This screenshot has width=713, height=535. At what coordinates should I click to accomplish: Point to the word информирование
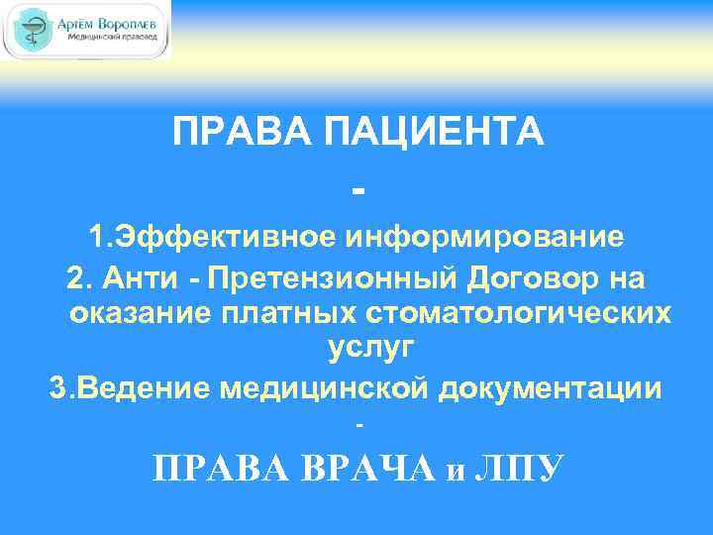coord(484,237)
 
